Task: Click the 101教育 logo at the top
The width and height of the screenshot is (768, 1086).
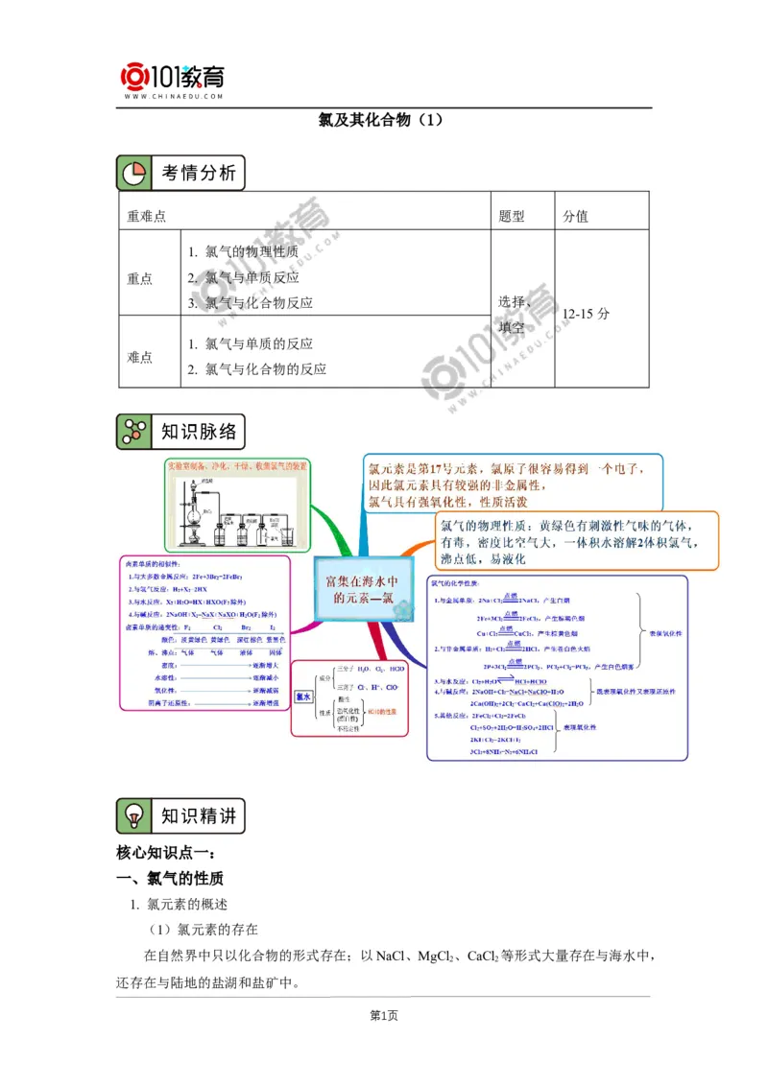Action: (172, 76)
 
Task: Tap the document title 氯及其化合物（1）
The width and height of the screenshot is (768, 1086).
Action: (383, 122)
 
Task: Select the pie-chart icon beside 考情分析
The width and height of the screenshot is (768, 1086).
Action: (132, 174)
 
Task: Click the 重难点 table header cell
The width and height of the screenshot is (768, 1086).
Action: (147, 217)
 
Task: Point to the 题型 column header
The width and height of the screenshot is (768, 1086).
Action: (512, 217)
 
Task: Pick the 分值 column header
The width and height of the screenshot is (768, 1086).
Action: (576, 217)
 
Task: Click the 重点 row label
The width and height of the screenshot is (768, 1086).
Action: (140, 278)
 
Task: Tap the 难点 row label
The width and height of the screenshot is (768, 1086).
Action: (140, 357)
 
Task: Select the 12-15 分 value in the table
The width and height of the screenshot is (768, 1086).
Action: (587, 314)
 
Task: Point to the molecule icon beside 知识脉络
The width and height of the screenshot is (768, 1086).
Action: (132, 432)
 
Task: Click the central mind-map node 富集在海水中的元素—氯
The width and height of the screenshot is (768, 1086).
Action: (360, 590)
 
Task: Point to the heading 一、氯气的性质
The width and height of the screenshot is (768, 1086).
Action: (170, 879)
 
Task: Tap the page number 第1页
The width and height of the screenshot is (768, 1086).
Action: (383, 1016)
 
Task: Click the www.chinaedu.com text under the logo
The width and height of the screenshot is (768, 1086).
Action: (173, 97)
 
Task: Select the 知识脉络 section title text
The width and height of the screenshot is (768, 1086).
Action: (198, 432)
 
